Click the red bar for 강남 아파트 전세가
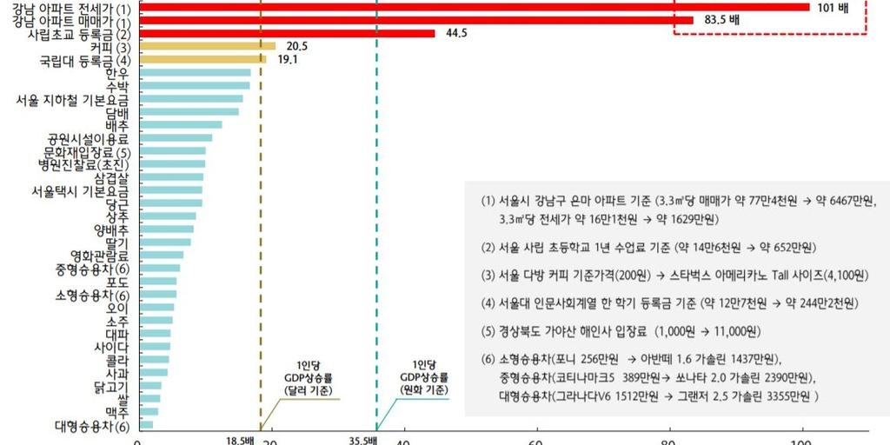474,7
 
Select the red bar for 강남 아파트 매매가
415,20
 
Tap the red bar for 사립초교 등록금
287,33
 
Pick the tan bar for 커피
207,46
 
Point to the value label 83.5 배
721,20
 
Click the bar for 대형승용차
146,425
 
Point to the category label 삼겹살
111,177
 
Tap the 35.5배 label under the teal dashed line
362,440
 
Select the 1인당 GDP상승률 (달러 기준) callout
308,378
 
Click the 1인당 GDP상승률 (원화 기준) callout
423,378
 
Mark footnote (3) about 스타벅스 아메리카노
674,275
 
